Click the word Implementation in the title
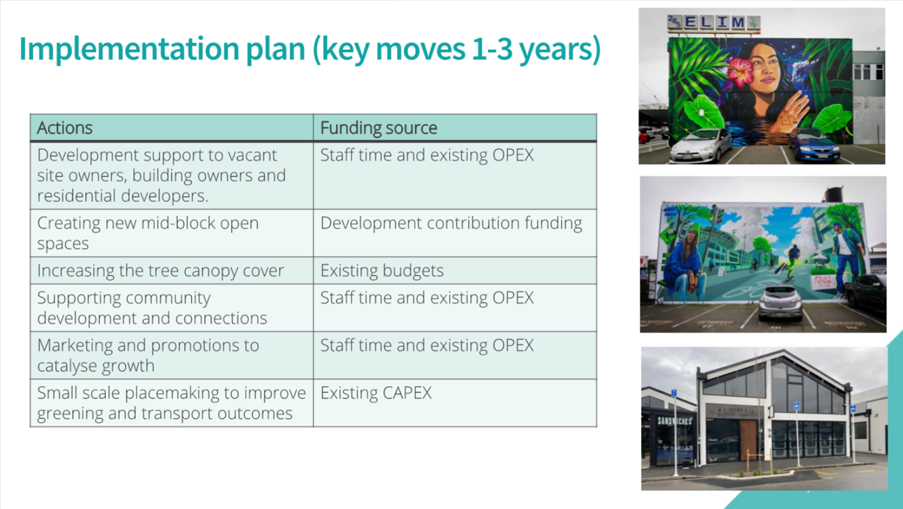point(129,49)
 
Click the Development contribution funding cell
point(454,233)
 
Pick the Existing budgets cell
point(454,271)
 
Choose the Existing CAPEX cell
point(454,403)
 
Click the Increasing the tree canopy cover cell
point(171,271)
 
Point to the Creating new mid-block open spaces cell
point(171,233)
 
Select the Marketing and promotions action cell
point(171,355)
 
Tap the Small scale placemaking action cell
point(171,403)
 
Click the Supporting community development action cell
point(171,307)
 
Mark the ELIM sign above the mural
point(714,22)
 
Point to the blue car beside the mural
point(814,145)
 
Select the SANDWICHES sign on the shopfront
point(675,421)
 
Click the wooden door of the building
point(748,441)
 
